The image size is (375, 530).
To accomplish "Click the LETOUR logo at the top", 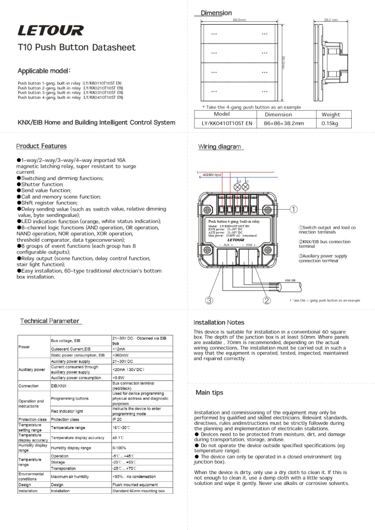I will click(50, 31).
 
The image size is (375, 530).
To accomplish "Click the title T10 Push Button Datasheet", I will click(77, 48).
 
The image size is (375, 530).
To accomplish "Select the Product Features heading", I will click(41, 146).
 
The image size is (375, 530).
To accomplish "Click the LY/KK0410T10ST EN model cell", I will click(227, 123).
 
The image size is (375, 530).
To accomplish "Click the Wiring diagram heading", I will click(220, 147).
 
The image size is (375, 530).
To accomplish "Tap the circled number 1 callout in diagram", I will click(293, 209).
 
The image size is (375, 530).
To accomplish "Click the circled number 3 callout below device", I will click(208, 300).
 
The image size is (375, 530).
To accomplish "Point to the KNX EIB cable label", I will click(290, 279).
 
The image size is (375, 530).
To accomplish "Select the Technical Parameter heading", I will click(50, 321).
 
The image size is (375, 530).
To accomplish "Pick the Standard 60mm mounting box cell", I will click(138, 490).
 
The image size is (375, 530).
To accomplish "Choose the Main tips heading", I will click(209, 393).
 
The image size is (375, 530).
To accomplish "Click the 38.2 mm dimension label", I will click(331, 20).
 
